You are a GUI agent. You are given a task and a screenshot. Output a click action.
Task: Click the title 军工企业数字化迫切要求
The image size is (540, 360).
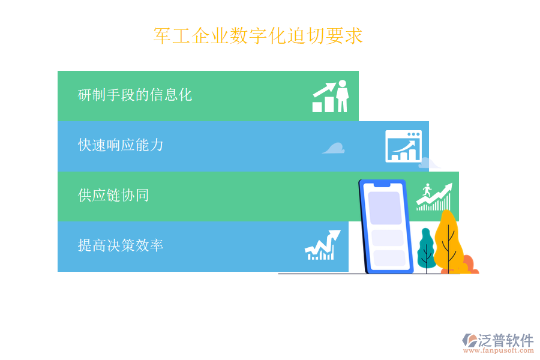point(258,36)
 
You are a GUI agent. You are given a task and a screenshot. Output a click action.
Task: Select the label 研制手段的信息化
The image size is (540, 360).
point(135,95)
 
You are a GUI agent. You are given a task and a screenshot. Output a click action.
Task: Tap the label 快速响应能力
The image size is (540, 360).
point(121,145)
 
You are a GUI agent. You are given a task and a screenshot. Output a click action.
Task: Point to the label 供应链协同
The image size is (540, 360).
point(113,195)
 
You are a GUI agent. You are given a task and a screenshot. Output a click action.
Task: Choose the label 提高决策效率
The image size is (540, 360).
point(121,245)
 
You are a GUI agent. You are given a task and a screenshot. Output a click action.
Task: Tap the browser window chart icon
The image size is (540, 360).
point(403,146)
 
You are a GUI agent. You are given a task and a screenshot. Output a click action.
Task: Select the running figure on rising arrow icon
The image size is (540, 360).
point(434,197)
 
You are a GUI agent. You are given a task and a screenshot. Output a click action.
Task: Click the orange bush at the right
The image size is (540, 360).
point(467,264)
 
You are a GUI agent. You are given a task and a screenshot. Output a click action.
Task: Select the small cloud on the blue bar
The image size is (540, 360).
point(334,148)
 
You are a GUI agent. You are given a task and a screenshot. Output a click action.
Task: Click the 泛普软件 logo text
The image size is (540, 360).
point(505,340)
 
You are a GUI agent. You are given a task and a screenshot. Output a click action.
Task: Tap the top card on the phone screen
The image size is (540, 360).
point(384,208)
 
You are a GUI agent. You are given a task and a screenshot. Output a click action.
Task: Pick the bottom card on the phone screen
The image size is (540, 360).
point(389,259)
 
